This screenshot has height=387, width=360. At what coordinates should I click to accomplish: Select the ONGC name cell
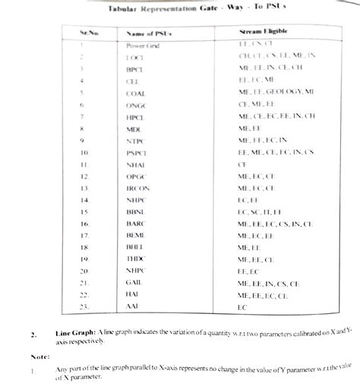[x=137, y=104]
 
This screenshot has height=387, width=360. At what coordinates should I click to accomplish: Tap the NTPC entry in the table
[x=137, y=140]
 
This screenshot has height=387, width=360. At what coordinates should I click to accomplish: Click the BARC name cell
[x=137, y=224]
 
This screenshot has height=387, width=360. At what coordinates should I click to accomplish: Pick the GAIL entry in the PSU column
[x=136, y=283]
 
